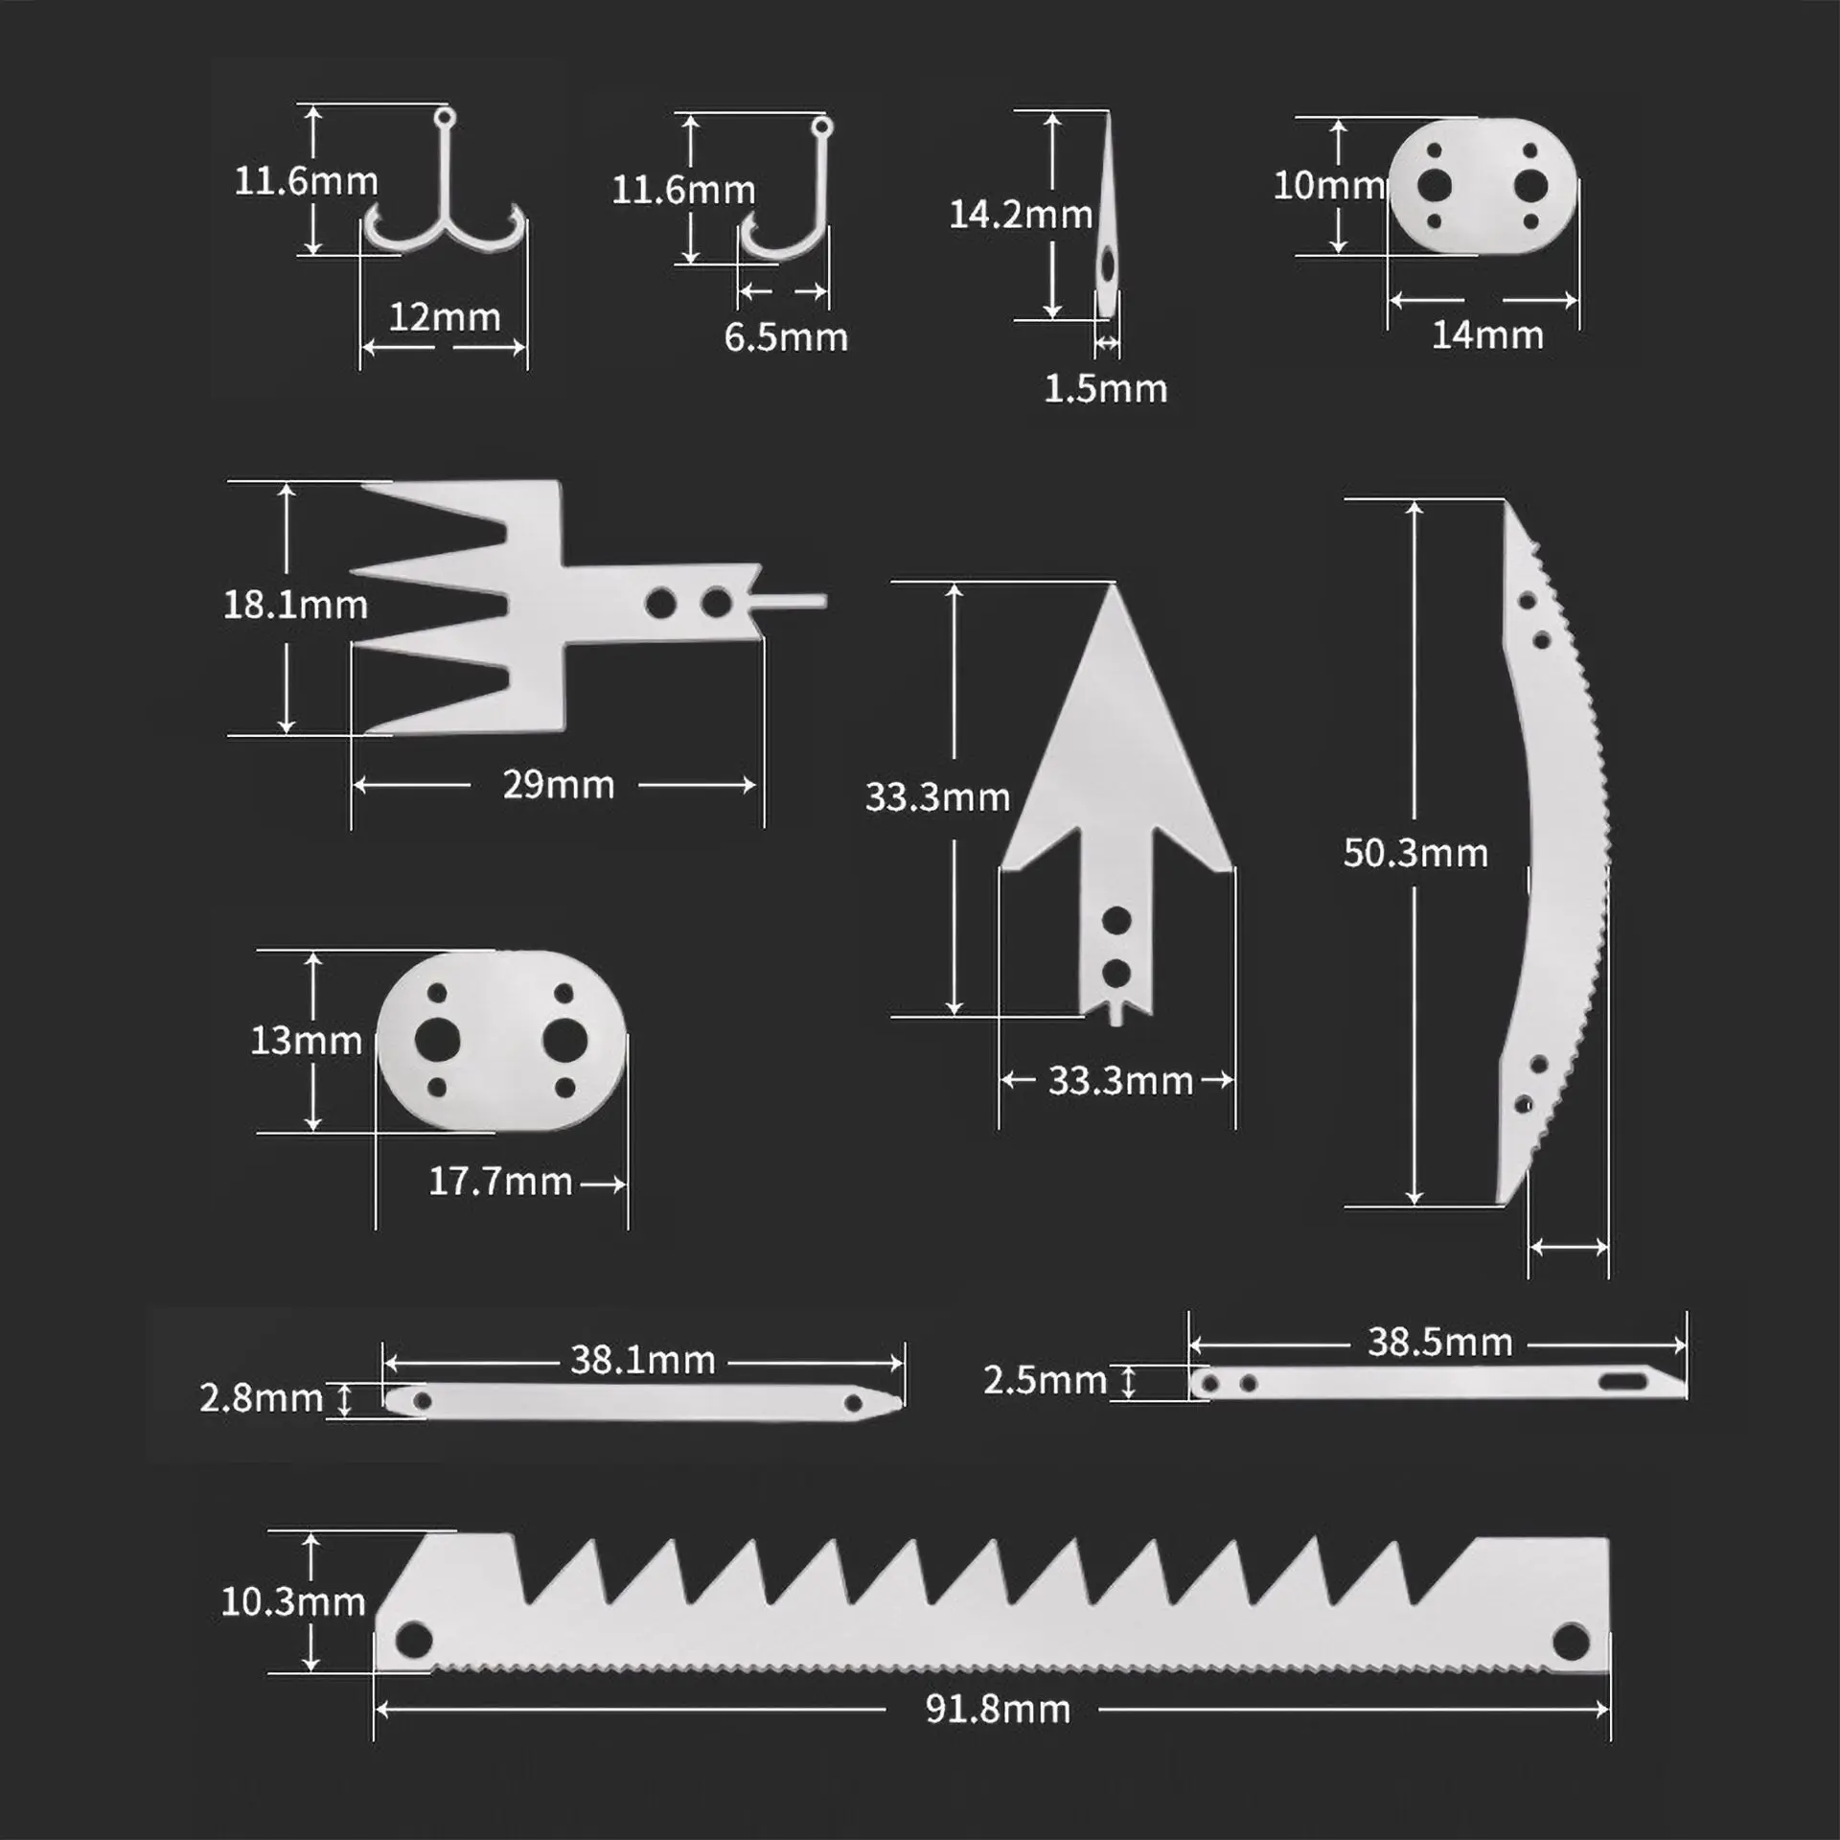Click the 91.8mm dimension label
point(998,1710)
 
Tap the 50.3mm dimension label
point(1415,853)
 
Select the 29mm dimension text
point(558,786)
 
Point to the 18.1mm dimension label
point(295,606)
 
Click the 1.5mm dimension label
point(1105,389)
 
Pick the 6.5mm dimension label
point(786,337)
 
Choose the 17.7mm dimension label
point(500,1182)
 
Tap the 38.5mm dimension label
point(1439,1343)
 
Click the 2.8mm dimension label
point(261,1398)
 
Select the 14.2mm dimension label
point(1021,215)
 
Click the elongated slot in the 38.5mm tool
point(1621,1381)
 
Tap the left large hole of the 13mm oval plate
point(437,1041)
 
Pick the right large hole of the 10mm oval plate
point(1530,185)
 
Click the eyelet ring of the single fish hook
point(821,126)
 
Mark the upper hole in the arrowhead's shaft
point(1116,921)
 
